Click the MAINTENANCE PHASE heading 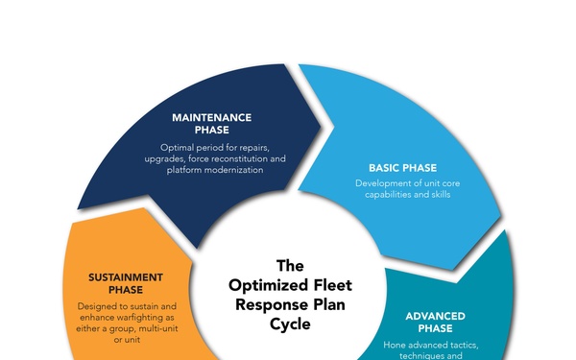pyautogui.click(x=212, y=123)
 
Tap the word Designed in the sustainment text pyautogui.click(x=101, y=306)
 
